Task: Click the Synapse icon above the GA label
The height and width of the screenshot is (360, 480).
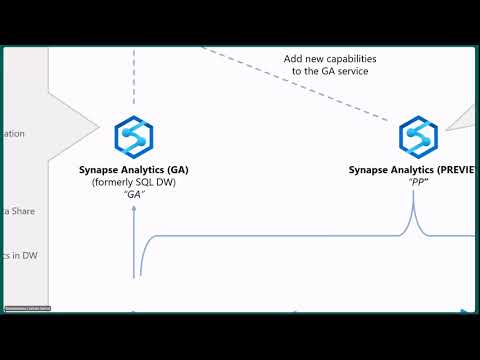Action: coord(133,137)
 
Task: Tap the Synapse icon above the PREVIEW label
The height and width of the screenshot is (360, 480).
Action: coord(418,137)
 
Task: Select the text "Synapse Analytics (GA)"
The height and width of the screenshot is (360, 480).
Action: coord(134,170)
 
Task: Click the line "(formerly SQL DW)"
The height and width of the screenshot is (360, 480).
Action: coord(134,183)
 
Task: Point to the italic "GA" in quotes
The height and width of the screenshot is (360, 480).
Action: coord(134,196)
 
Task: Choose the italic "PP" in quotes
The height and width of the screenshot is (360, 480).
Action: coord(413,183)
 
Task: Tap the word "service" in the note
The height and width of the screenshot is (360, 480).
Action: coord(348,72)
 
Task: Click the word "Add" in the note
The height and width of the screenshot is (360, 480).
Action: coord(294,59)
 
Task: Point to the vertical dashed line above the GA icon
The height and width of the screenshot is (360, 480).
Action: coord(133,80)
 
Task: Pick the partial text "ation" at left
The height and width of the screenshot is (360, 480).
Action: coord(13,134)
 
